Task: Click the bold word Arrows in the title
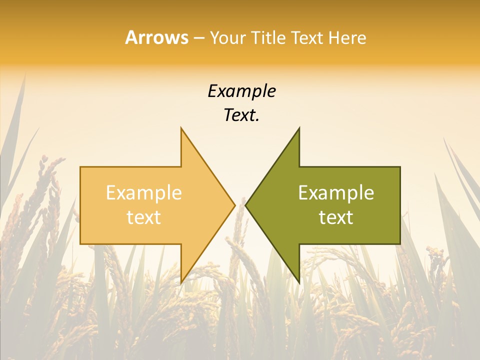point(156,37)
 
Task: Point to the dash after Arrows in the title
point(198,38)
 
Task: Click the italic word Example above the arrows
point(241,91)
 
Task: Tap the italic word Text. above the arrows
point(241,115)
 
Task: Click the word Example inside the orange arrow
point(144,193)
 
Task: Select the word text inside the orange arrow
point(144,217)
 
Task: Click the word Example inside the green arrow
point(336,193)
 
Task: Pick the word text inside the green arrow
point(336,217)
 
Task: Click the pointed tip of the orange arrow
point(235,205)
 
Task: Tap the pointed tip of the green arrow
point(245,205)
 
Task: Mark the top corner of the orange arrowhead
point(181,128)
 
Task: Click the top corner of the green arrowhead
point(299,128)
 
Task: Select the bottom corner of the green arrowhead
point(299,283)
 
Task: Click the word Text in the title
point(308,38)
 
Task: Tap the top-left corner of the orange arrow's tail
point(80,167)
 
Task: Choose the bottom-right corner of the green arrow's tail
point(400,244)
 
